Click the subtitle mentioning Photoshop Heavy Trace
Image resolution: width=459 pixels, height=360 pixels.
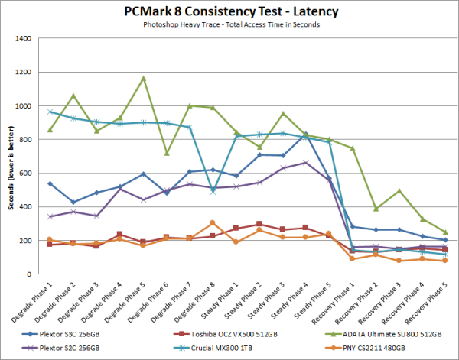(229, 25)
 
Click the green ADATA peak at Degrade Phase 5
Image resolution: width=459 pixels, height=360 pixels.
(142, 78)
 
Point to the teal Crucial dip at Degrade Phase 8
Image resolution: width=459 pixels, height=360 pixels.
(213, 192)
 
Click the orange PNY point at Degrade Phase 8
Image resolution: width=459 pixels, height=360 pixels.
(213, 223)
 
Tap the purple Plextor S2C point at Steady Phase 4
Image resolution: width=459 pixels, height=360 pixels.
(306, 163)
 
